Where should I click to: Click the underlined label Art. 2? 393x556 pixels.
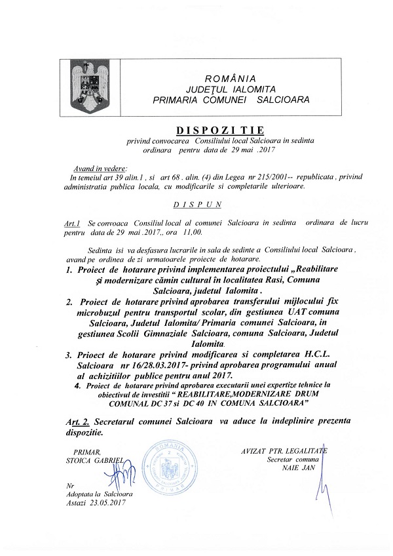click(78, 424)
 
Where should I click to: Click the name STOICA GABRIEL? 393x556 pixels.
click(97, 460)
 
